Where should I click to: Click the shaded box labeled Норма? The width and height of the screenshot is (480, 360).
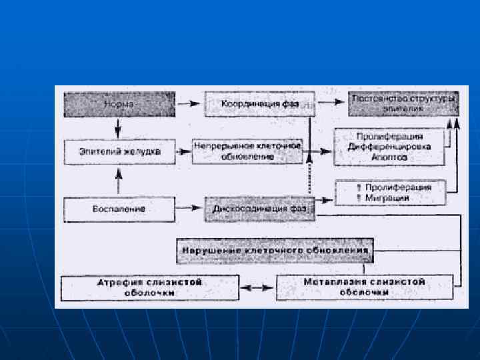(x=119, y=105)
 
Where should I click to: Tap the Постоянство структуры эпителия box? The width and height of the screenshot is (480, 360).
(x=403, y=103)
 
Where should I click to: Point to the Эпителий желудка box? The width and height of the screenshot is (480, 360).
(x=121, y=152)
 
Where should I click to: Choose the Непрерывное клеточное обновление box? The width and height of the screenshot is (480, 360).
(x=247, y=151)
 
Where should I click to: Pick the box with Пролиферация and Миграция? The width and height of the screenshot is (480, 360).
(x=389, y=193)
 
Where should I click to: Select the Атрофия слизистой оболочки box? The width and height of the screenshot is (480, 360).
(x=150, y=288)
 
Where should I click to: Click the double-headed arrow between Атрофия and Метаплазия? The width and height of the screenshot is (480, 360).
(x=257, y=288)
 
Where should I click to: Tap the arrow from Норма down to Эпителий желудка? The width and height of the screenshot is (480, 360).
(x=118, y=128)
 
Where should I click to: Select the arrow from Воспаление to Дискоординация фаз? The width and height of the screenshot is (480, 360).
(x=190, y=209)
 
